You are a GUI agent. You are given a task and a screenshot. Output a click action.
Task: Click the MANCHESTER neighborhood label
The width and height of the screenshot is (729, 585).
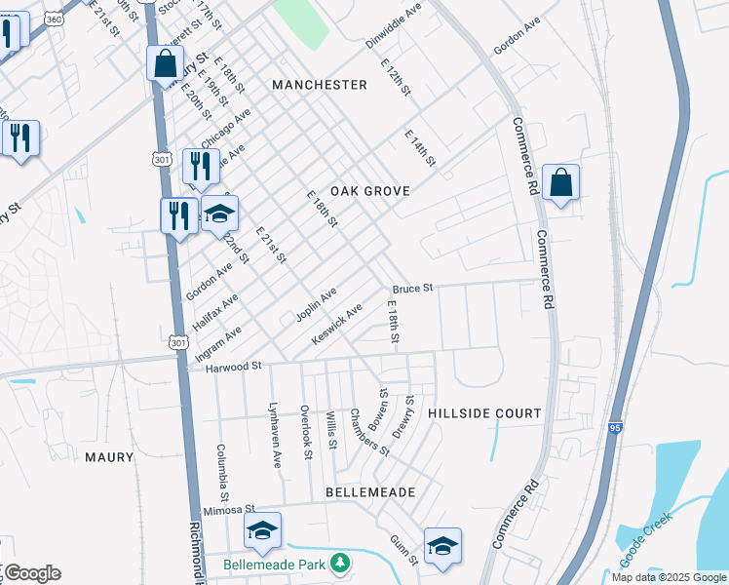[x=320, y=85]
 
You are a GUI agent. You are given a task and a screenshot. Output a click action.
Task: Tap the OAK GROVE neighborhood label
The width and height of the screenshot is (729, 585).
[x=369, y=191]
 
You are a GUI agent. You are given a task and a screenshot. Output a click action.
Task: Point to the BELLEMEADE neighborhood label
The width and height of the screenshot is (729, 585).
[x=370, y=492]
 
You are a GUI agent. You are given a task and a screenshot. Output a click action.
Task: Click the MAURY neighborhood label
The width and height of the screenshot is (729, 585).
[x=108, y=456]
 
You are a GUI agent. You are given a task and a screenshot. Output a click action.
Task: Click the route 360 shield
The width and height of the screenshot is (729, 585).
[x=55, y=19]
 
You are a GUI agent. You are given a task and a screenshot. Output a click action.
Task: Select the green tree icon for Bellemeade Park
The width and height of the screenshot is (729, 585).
[x=339, y=564]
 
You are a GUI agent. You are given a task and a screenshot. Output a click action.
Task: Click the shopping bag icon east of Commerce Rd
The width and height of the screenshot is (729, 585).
[x=560, y=182]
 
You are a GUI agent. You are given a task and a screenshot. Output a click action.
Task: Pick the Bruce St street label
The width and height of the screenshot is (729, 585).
[x=412, y=289]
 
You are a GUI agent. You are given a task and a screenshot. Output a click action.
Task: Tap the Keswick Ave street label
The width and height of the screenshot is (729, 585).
[x=336, y=323]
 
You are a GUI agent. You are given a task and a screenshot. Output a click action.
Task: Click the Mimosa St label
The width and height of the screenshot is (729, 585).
[x=229, y=510]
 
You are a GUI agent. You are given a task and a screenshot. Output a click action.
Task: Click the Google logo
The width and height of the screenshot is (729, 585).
[x=31, y=573]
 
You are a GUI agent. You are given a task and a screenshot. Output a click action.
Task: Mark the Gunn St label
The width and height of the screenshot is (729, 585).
[x=404, y=550]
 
